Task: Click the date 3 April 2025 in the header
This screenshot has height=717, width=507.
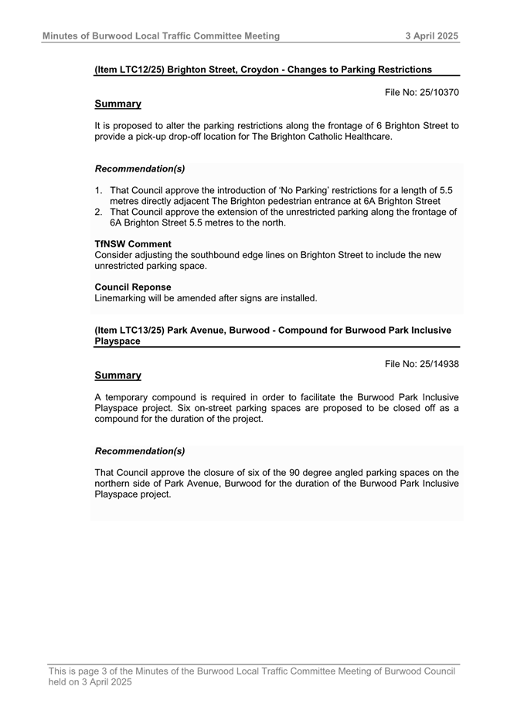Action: pos(432,36)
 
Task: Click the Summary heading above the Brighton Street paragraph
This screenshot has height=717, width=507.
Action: pos(117,104)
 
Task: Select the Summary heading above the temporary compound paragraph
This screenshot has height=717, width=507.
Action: pos(117,375)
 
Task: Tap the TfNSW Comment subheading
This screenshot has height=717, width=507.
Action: pos(133,244)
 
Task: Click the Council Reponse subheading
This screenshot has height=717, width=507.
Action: pos(133,287)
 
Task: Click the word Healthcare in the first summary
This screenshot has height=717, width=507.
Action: pos(364,137)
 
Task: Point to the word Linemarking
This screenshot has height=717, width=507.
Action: pos(122,297)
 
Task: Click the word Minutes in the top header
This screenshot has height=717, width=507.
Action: pos(60,36)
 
